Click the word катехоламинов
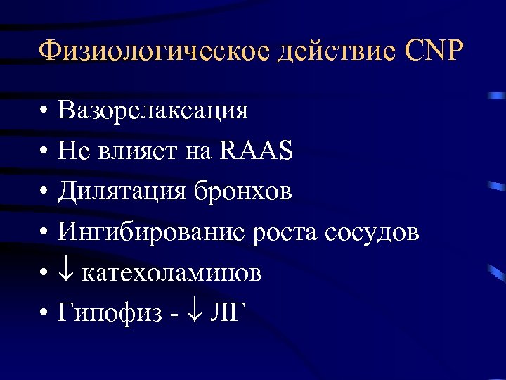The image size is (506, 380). coord(172,272)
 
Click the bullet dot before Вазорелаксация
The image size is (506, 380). coord(44,111)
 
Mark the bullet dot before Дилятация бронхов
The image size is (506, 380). coord(44,192)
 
